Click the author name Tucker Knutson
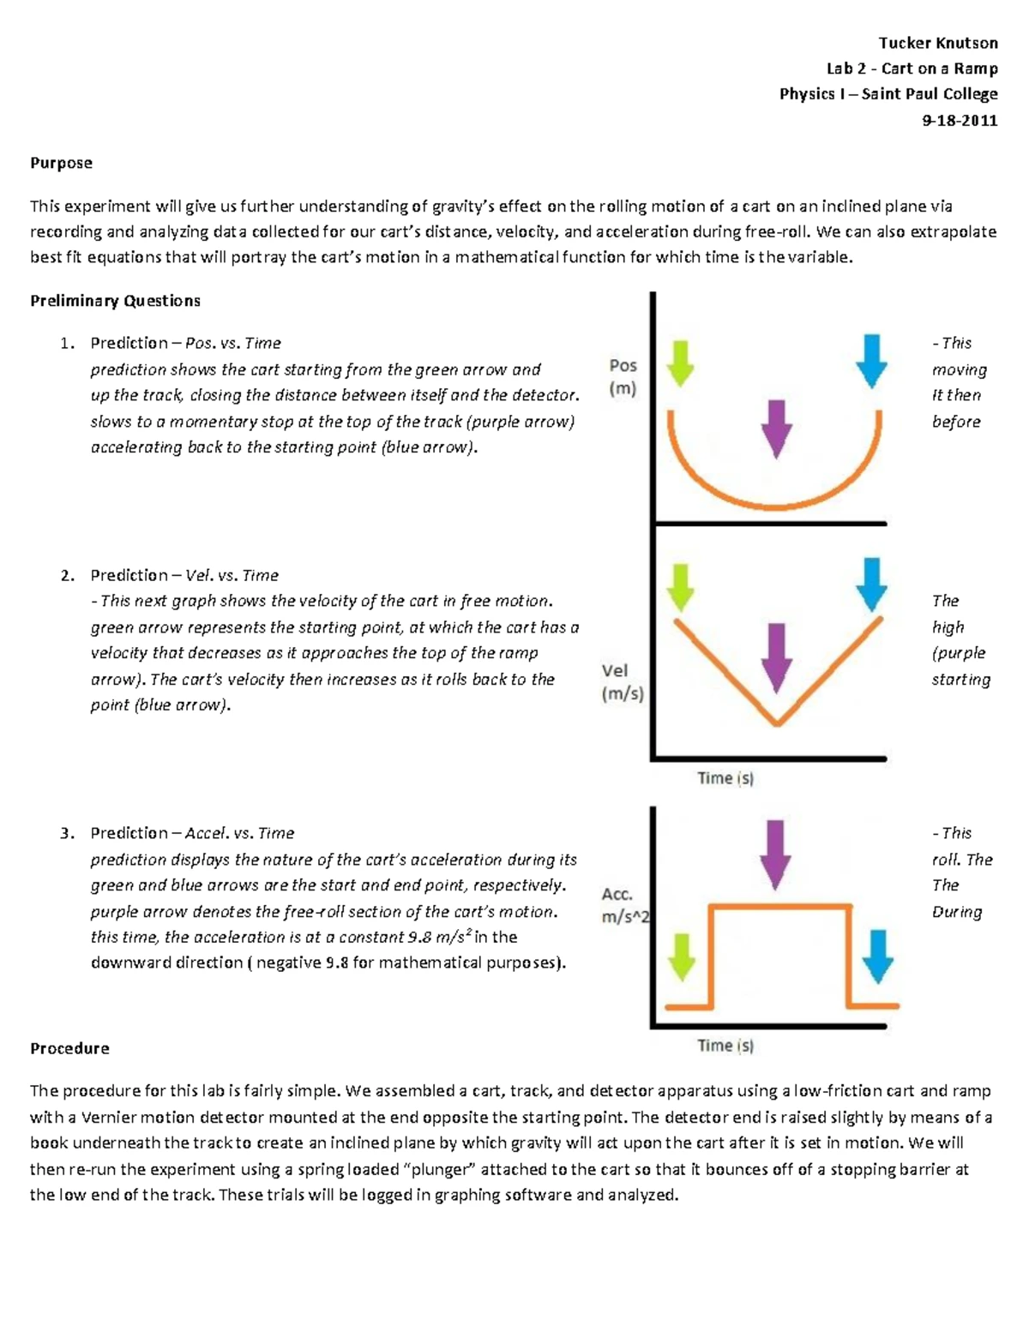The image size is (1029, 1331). pyautogui.click(x=937, y=43)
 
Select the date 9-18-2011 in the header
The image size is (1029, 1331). pyautogui.click(x=960, y=120)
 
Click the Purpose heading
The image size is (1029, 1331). pyautogui.click(x=61, y=163)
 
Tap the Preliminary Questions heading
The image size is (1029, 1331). pyautogui.click(x=115, y=301)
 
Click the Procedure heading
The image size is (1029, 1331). pyautogui.click(x=69, y=1048)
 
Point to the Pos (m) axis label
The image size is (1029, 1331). pyautogui.click(x=623, y=377)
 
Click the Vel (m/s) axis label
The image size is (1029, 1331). pyautogui.click(x=623, y=682)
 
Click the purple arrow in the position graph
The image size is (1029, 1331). pyautogui.click(x=776, y=428)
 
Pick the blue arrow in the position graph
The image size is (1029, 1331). pyautogui.click(x=871, y=361)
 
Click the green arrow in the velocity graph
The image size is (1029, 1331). pyautogui.click(x=680, y=587)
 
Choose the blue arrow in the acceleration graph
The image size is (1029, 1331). pyautogui.click(x=876, y=956)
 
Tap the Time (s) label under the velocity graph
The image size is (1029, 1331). pyautogui.click(x=725, y=778)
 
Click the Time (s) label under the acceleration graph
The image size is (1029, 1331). pyautogui.click(x=725, y=1046)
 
